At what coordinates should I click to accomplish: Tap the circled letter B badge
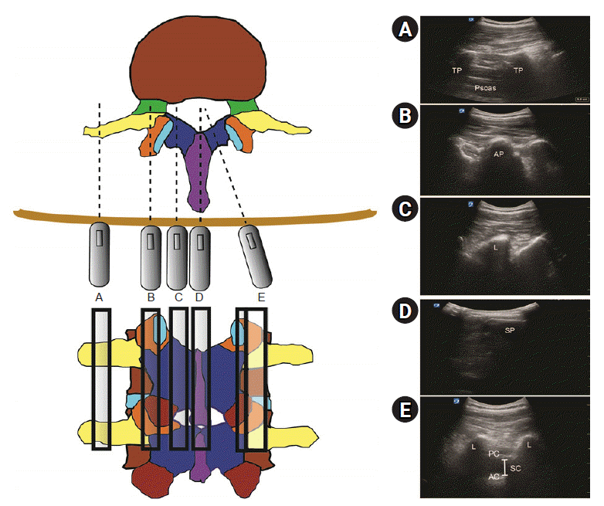pos(405,118)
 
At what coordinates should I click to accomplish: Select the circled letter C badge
pos(405,209)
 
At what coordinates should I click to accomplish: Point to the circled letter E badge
pos(405,411)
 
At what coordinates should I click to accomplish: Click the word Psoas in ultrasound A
pos(485,89)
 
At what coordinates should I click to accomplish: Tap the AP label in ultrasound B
pos(499,155)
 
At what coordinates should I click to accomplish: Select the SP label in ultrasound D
pos(510,330)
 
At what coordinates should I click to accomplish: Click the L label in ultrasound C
pos(494,247)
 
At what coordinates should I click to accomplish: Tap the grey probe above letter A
pos(100,254)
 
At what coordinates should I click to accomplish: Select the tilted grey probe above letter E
pos(256,255)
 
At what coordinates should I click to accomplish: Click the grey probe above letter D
pos(201,256)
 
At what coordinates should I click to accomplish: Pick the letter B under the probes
pos(151,297)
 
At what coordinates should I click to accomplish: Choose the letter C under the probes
pos(178,297)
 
